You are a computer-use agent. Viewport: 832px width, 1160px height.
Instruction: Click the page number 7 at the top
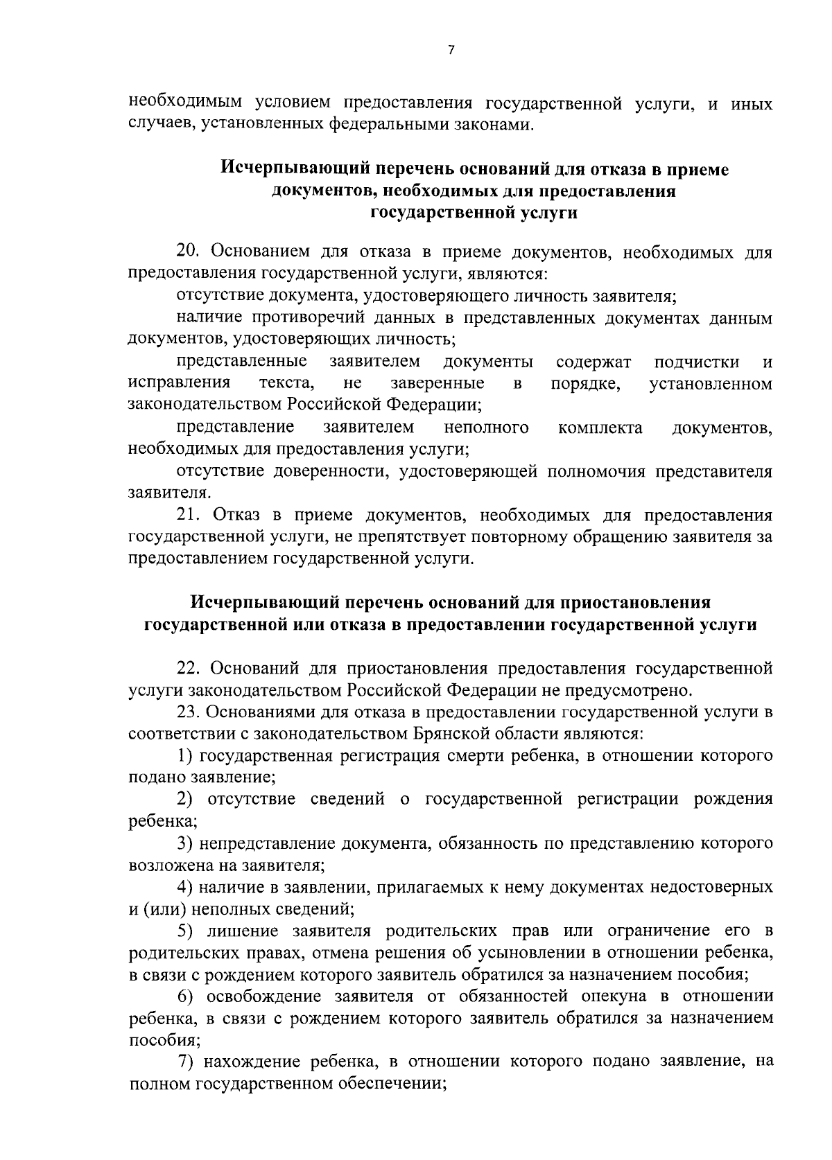tap(451, 50)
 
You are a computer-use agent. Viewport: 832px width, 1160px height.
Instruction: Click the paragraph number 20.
tap(189, 252)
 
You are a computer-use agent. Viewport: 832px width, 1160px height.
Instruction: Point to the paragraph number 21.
tap(189, 515)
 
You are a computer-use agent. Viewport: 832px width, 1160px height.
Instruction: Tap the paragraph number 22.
tap(189, 668)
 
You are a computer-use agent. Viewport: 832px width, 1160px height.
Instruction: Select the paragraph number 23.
tap(189, 711)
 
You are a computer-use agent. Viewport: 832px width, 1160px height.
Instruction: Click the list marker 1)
tap(184, 755)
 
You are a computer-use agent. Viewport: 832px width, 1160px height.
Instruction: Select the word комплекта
tap(600, 428)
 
